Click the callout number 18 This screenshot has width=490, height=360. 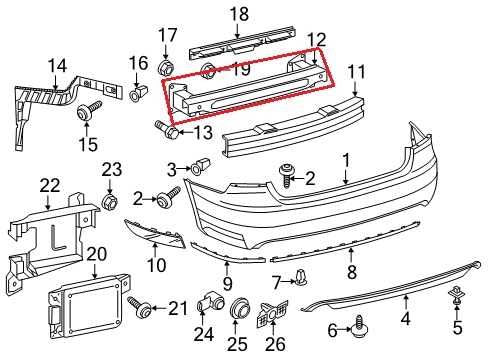coord(238,13)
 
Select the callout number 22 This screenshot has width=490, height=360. coord(50,184)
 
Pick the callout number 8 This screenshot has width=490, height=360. coord(351,271)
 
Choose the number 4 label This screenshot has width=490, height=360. coord(405,321)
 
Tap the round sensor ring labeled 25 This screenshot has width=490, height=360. coord(237,312)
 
